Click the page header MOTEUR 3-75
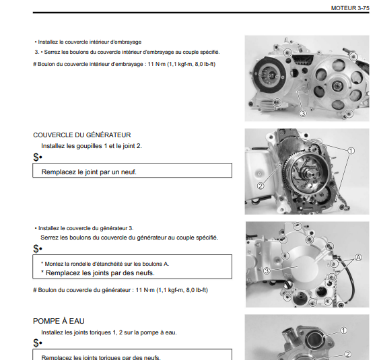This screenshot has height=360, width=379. coord(350,8)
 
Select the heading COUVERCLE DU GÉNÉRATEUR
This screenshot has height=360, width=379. coord(82,135)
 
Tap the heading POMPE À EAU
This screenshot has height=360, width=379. coord(59,321)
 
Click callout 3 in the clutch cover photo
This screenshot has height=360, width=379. coord(303,113)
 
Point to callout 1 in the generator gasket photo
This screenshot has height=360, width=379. coord(351,151)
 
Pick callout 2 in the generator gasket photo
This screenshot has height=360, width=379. coord(261,186)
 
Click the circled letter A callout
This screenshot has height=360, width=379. coord(358,258)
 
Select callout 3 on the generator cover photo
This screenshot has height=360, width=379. coord(267,271)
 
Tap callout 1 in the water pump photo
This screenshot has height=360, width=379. coord(343,330)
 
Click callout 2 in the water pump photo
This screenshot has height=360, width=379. coord(347,354)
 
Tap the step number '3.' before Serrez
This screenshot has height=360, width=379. coord(37,52)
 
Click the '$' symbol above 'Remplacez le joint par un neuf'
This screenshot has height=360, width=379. coord(36,157)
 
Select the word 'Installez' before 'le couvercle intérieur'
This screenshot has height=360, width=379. coord(48,42)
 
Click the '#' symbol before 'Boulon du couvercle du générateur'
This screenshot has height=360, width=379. coord(35,290)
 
